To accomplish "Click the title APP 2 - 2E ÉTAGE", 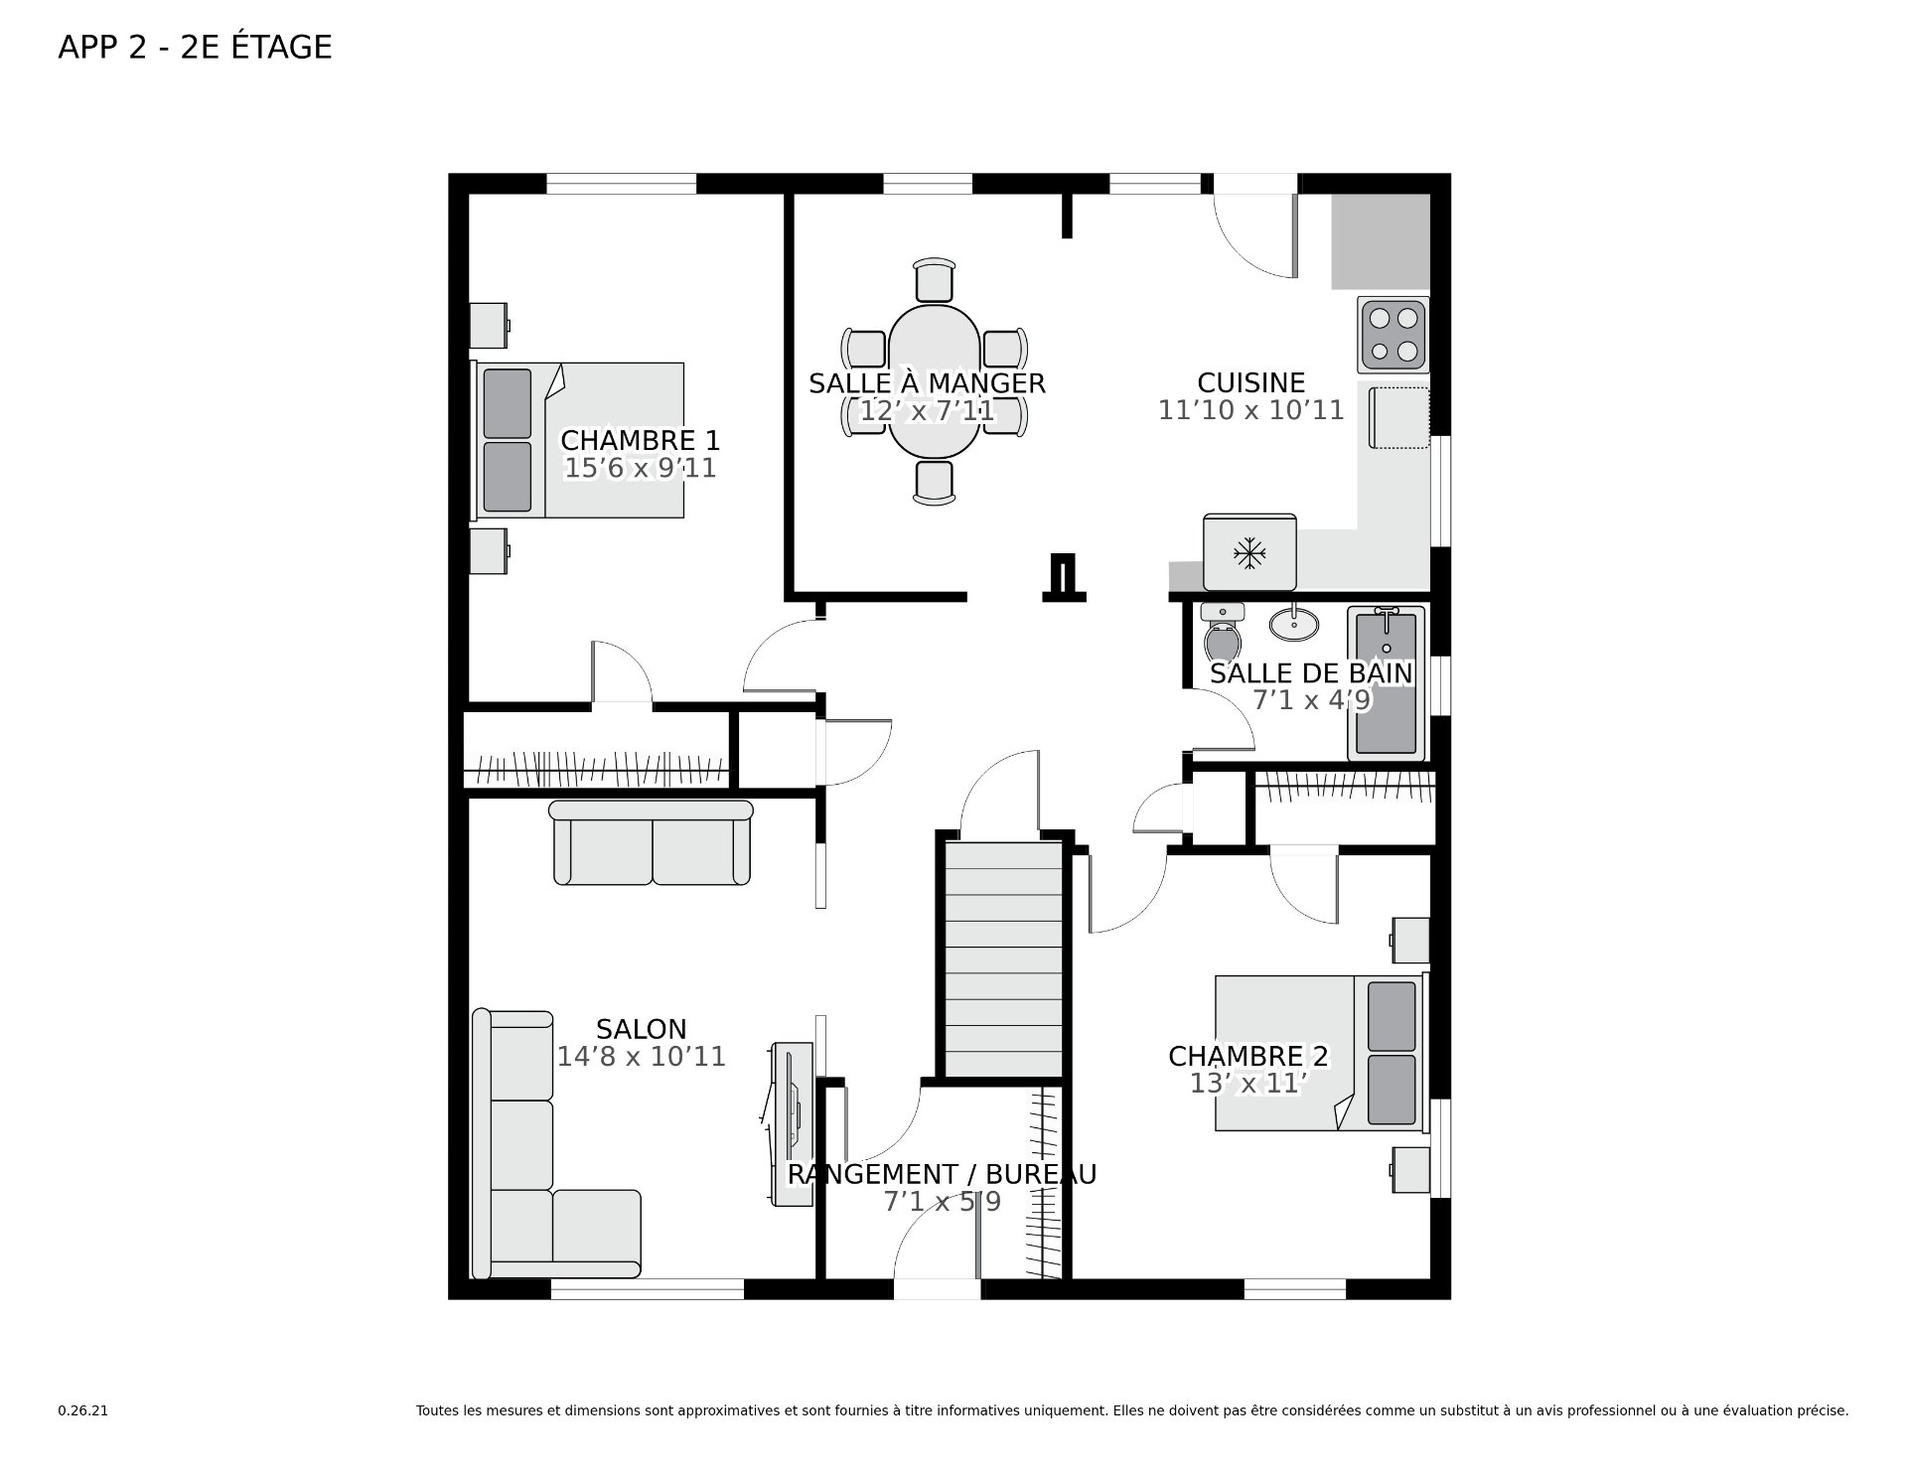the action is [x=195, y=47].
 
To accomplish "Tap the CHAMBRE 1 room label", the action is [x=641, y=440].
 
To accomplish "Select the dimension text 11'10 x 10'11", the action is [x=1250, y=410].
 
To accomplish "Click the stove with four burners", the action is [x=1394, y=335].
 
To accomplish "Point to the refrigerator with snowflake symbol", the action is [x=1249, y=552].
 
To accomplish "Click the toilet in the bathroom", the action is [x=1223, y=632].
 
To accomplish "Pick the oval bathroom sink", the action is [x=1294, y=624].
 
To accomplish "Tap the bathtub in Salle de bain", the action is [x=1387, y=683].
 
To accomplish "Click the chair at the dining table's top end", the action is [x=935, y=279].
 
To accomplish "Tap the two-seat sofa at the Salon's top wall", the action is [x=651, y=842].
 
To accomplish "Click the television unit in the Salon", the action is [x=793, y=1123].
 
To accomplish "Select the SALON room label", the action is [x=642, y=1029].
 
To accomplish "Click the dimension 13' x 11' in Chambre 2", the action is [x=1247, y=1084].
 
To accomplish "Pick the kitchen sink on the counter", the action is [x=1398, y=418].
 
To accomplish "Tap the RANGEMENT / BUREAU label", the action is [x=942, y=1174].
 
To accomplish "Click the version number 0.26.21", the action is [x=82, y=1410].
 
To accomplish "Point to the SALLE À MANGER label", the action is [x=927, y=383].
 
